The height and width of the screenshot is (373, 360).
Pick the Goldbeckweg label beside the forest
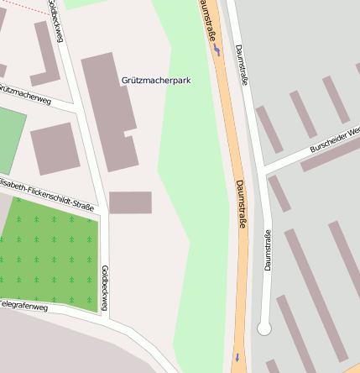pyautogui.click(x=105, y=289)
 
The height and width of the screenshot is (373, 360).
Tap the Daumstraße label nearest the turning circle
pyautogui.click(x=268, y=250)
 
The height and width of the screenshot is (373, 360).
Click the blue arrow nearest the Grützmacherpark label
pyautogui.click(x=217, y=50)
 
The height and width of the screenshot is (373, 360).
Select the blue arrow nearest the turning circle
pyautogui.click(x=237, y=357)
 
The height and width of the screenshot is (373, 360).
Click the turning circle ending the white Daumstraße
pyautogui.click(x=264, y=328)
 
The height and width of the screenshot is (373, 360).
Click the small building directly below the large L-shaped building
pyautogui.click(x=130, y=202)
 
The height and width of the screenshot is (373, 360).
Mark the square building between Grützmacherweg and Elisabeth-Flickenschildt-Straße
pyautogui.click(x=55, y=148)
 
